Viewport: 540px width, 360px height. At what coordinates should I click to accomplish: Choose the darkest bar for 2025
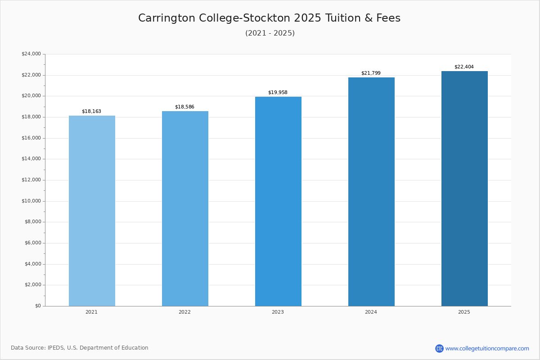(464, 189)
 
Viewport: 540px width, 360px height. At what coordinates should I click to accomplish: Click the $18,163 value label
(91, 111)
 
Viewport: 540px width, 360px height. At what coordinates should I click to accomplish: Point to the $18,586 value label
(184, 107)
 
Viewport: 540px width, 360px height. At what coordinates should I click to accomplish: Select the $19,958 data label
(278, 92)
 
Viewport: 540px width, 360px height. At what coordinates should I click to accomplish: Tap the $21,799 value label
(371, 73)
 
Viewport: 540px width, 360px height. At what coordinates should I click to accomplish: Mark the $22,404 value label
(464, 67)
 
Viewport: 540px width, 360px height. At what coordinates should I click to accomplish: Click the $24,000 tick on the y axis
(31, 54)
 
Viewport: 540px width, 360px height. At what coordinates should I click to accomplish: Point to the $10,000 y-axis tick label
(31, 201)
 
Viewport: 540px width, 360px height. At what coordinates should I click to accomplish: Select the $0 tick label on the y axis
(38, 306)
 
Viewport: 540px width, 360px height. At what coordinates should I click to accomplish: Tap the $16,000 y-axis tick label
(31, 138)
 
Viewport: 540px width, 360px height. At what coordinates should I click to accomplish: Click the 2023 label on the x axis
(278, 312)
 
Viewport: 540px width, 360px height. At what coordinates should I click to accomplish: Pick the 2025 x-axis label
(464, 312)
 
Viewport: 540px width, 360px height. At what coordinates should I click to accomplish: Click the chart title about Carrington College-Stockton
(269, 18)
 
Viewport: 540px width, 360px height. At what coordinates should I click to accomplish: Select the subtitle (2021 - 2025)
(270, 33)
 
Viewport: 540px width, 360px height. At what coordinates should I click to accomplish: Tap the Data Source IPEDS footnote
(80, 348)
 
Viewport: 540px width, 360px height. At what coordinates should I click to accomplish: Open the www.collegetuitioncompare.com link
(487, 348)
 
